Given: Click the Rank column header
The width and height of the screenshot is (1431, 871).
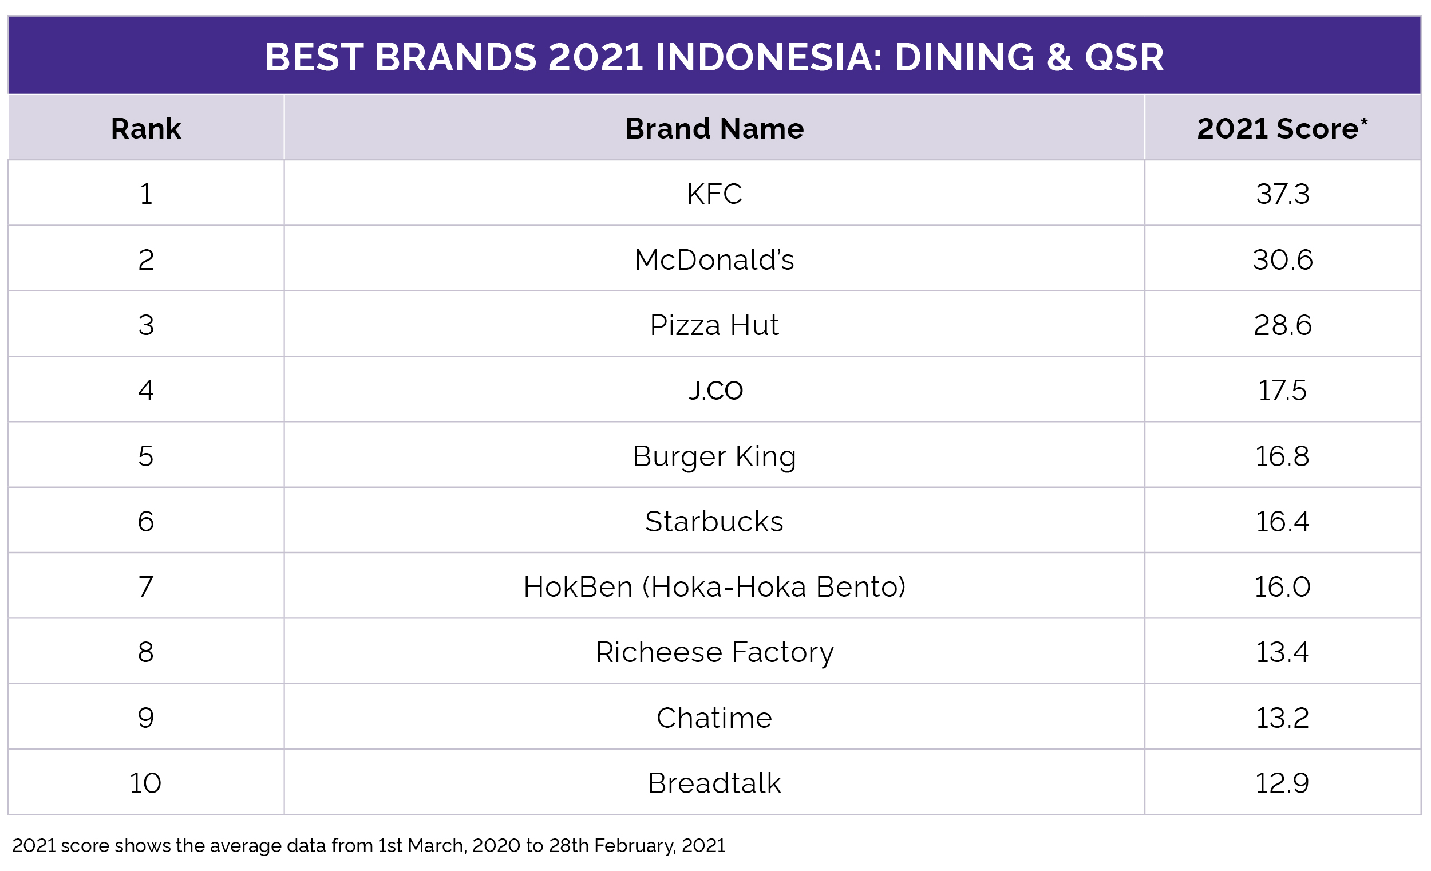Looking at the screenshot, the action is pyautogui.click(x=146, y=128).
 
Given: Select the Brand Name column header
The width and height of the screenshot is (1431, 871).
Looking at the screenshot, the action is pyautogui.click(x=714, y=128).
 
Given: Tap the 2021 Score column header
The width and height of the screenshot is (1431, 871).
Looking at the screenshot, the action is pyautogui.click(x=1282, y=128).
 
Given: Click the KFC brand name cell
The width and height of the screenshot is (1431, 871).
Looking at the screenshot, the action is pyautogui.click(x=714, y=194).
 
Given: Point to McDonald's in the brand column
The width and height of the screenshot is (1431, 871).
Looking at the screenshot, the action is pyautogui.click(x=714, y=260).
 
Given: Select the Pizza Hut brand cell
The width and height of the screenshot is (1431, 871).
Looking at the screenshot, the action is pyautogui.click(x=714, y=325).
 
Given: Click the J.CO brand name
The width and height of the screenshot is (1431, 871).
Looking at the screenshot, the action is pyautogui.click(x=715, y=391).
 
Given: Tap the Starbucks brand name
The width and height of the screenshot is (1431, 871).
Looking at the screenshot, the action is pyautogui.click(x=714, y=521).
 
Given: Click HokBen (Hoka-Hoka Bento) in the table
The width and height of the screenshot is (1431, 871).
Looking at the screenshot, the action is pyautogui.click(x=714, y=587).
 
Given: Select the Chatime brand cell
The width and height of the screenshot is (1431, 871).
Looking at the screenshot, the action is pyautogui.click(x=714, y=718).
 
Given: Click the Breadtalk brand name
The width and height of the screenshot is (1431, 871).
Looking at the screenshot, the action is pyautogui.click(x=714, y=783).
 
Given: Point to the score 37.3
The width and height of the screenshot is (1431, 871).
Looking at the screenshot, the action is pyautogui.click(x=1283, y=194).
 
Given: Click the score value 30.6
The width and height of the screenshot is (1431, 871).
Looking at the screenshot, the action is pyautogui.click(x=1283, y=260).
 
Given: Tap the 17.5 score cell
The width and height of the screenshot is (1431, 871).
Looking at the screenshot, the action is pyautogui.click(x=1282, y=391).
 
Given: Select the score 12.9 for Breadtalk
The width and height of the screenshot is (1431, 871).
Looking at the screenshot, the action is pyautogui.click(x=1282, y=783).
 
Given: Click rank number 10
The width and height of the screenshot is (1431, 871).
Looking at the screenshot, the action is pyautogui.click(x=145, y=783).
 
